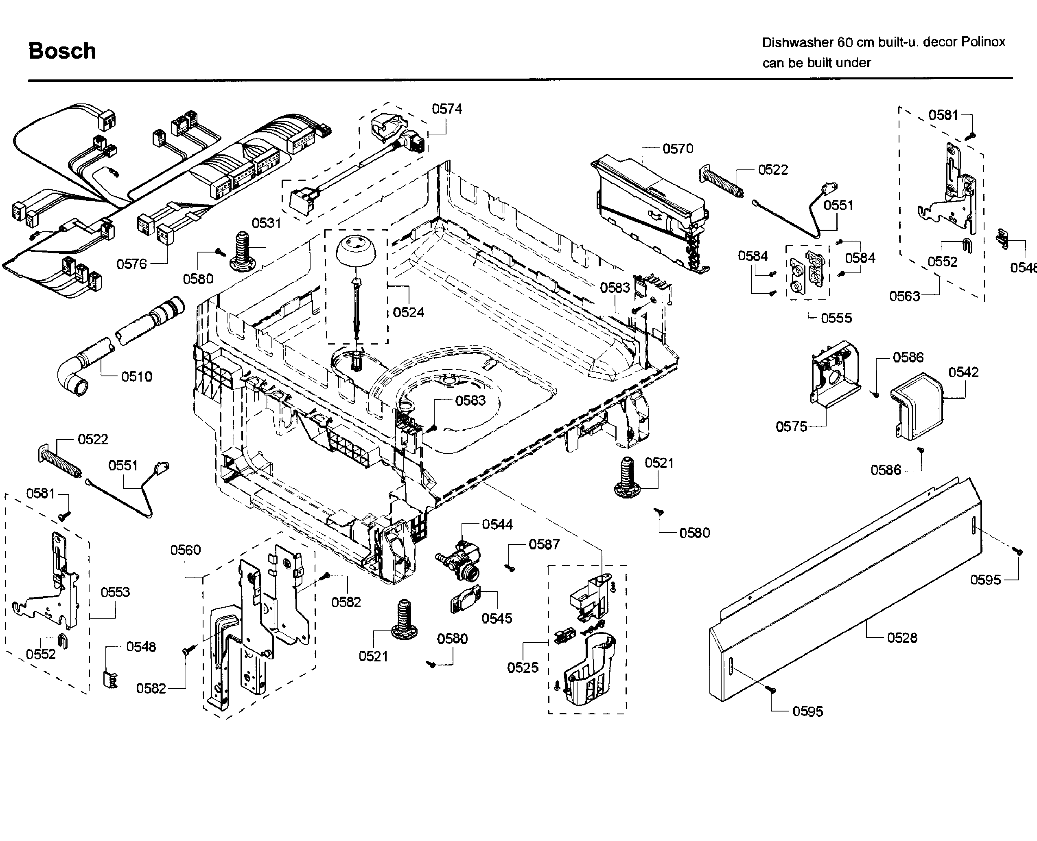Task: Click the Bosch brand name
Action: (x=62, y=51)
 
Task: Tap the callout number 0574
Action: (x=446, y=109)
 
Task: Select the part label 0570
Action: (x=677, y=149)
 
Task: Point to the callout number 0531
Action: (x=266, y=223)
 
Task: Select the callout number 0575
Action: (x=791, y=426)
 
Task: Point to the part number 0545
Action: (x=496, y=618)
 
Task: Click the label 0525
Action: (x=523, y=668)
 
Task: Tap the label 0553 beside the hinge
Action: (x=115, y=592)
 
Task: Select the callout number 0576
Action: (x=131, y=264)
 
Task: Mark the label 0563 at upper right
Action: (x=904, y=296)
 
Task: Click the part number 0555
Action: (x=836, y=318)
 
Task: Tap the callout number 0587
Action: (x=544, y=545)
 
